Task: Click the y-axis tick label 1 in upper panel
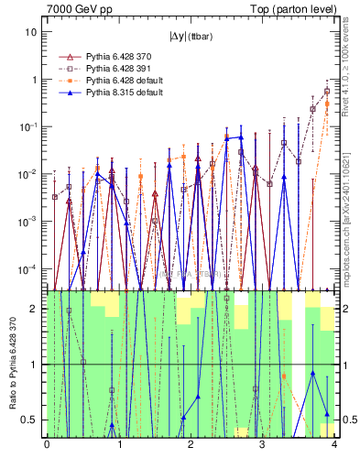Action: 34,79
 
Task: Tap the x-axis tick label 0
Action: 47,445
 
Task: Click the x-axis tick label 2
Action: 190,445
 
